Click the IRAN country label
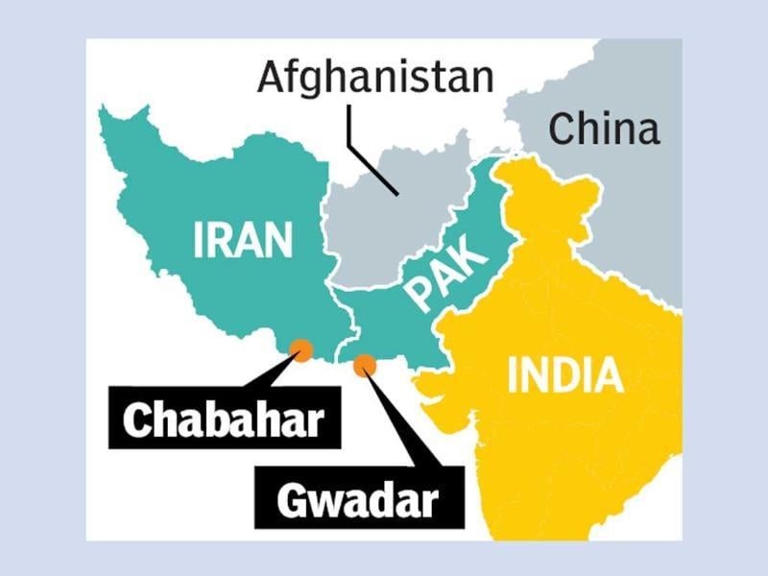[242, 240]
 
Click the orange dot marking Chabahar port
[302, 350]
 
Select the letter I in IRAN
[198, 240]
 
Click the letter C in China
[561, 129]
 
